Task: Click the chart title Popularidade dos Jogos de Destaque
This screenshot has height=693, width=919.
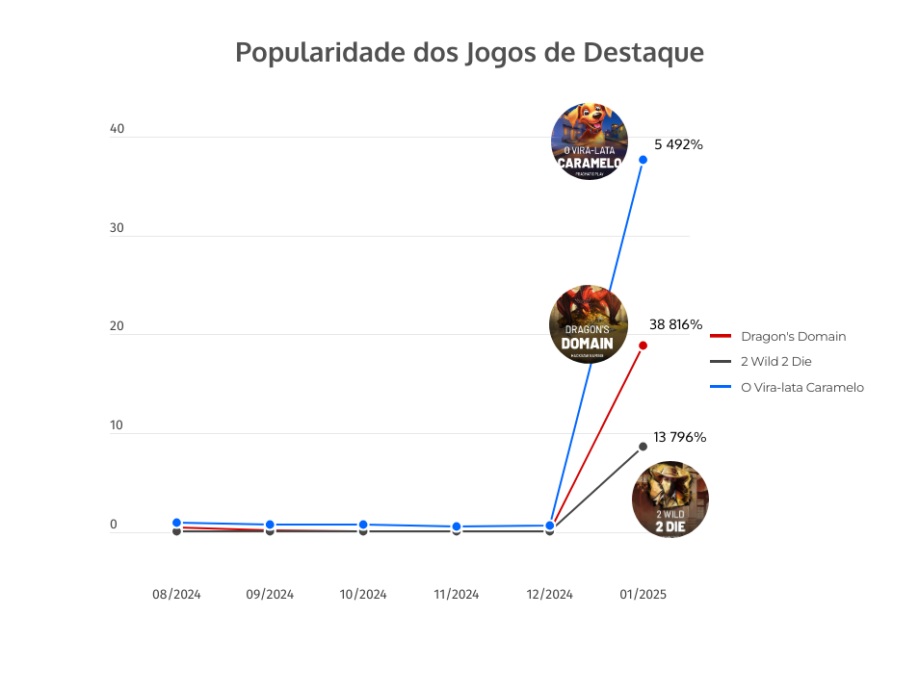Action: point(469,52)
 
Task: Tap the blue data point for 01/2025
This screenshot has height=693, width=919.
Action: point(643,160)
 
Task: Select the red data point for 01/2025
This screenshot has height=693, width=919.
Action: point(643,346)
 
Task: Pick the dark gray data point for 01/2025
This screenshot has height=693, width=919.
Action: point(643,447)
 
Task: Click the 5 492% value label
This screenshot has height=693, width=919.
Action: point(678,144)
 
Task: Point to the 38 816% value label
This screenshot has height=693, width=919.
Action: point(675,324)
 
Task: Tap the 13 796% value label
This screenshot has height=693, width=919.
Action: point(679,437)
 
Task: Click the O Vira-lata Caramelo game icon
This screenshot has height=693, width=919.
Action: point(590,141)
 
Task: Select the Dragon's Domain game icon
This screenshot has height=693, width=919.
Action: point(588,324)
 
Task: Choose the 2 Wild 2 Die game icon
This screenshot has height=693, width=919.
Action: point(670,500)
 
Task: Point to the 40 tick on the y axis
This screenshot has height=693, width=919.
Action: point(118,129)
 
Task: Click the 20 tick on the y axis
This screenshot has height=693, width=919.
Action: point(118,327)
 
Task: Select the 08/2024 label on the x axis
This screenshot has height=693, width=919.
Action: point(176,595)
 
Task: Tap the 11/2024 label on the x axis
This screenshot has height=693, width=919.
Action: point(456,595)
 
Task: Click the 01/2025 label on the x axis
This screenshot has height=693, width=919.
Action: point(643,595)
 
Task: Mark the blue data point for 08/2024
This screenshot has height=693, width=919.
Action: point(176,523)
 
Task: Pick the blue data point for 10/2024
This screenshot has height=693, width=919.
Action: point(363,525)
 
